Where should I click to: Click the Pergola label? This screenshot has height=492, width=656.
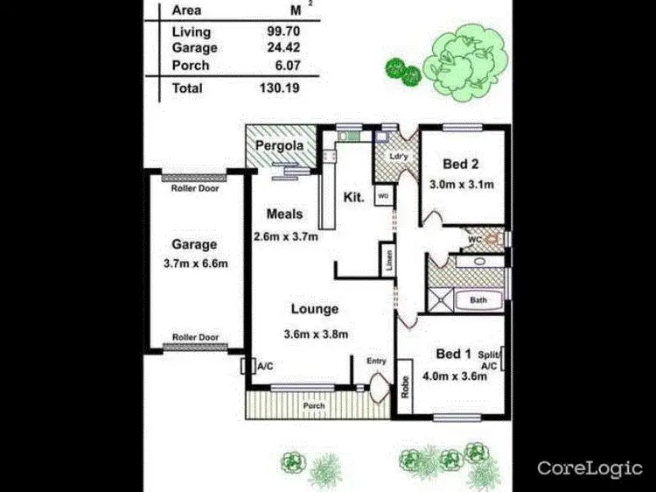coord(279,145)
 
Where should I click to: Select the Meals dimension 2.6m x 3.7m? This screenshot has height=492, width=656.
coord(285,236)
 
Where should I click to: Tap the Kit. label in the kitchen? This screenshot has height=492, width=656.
coord(353,199)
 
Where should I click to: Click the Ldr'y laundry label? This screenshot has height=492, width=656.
coord(399,158)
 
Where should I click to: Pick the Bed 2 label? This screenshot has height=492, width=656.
coord(461,164)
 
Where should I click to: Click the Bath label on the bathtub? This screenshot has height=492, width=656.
coord(478,300)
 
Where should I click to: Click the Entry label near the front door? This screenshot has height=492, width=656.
coord(376,361)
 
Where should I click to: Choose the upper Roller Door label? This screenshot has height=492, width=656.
coord(196,187)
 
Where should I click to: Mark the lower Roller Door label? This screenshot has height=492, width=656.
coord(196,336)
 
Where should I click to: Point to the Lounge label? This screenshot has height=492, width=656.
coord(315,309)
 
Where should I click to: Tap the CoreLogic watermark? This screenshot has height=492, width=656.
coord(589,467)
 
